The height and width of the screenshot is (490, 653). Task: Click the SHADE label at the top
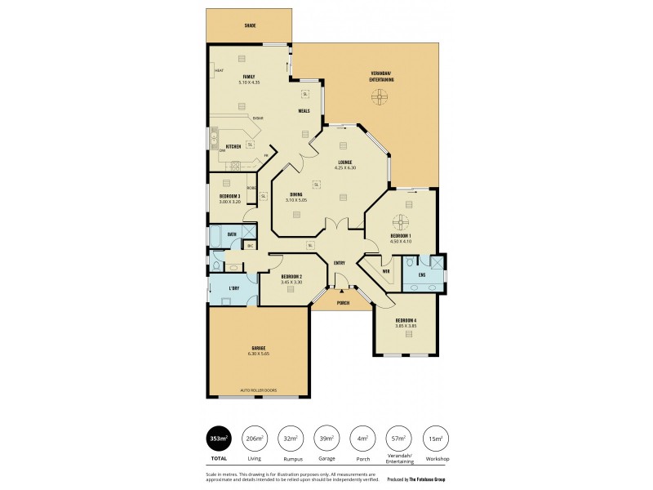click(x=250, y=25)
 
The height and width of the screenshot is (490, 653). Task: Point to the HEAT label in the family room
click(x=219, y=71)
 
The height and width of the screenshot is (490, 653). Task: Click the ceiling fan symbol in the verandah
click(x=379, y=98)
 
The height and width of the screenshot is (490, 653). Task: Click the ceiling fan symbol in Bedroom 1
click(x=400, y=221)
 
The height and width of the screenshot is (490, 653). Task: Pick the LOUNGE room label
click(x=345, y=163)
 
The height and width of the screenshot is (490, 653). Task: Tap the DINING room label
click(x=295, y=194)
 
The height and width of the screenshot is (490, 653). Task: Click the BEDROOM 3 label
click(x=229, y=196)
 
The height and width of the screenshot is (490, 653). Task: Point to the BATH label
click(x=232, y=234)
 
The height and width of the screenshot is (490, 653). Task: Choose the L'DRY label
click(x=233, y=288)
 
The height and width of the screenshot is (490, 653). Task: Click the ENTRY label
click(x=340, y=262)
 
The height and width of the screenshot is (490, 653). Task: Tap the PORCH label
click(x=344, y=302)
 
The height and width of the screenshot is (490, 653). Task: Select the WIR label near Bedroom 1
click(x=386, y=271)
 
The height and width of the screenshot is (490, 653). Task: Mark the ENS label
click(x=422, y=275)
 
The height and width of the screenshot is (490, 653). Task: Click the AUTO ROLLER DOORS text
click(x=258, y=390)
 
